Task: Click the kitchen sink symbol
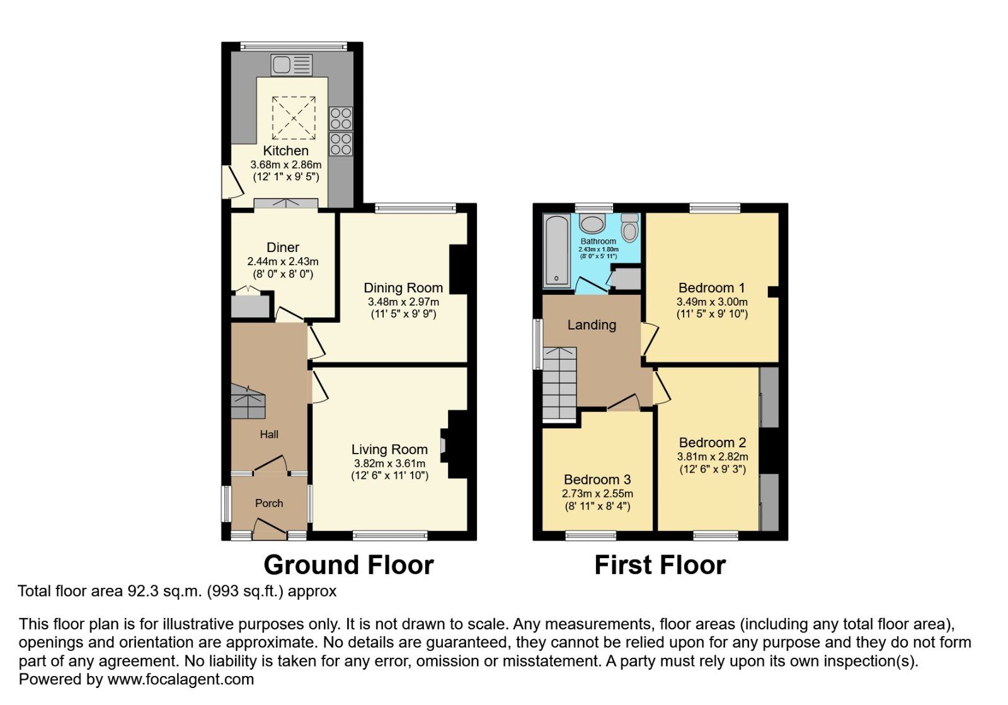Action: click(291, 65)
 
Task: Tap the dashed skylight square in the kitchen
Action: click(293, 118)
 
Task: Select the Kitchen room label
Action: click(285, 151)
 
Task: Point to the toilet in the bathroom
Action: click(629, 227)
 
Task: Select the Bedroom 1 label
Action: click(711, 288)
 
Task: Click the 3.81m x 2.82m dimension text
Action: click(713, 457)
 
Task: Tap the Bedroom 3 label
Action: click(597, 479)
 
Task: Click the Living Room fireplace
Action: click(456, 445)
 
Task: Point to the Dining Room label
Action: click(403, 288)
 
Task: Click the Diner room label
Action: click(283, 248)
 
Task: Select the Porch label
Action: click(269, 503)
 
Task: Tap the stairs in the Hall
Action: click(248, 403)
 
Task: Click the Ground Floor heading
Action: click(348, 565)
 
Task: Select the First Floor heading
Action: click(660, 565)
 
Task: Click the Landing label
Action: click(592, 325)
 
